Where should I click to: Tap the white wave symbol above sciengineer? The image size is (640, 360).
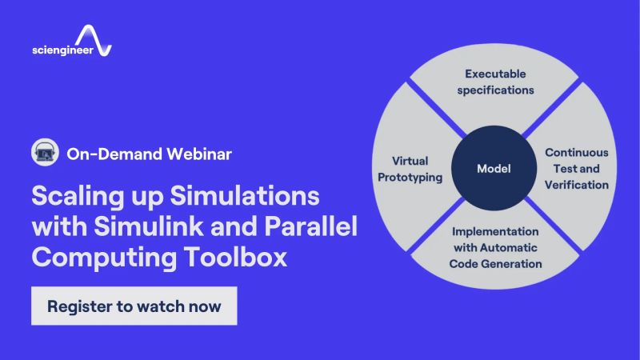pyautogui.click(x=95, y=37)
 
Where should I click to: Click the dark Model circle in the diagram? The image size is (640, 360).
pyautogui.click(x=494, y=169)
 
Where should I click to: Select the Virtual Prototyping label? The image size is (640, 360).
pyautogui.click(x=417, y=168)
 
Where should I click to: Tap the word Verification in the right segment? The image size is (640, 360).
pyautogui.click(x=577, y=185)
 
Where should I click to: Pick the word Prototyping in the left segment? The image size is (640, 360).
pyautogui.click(x=417, y=177)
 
